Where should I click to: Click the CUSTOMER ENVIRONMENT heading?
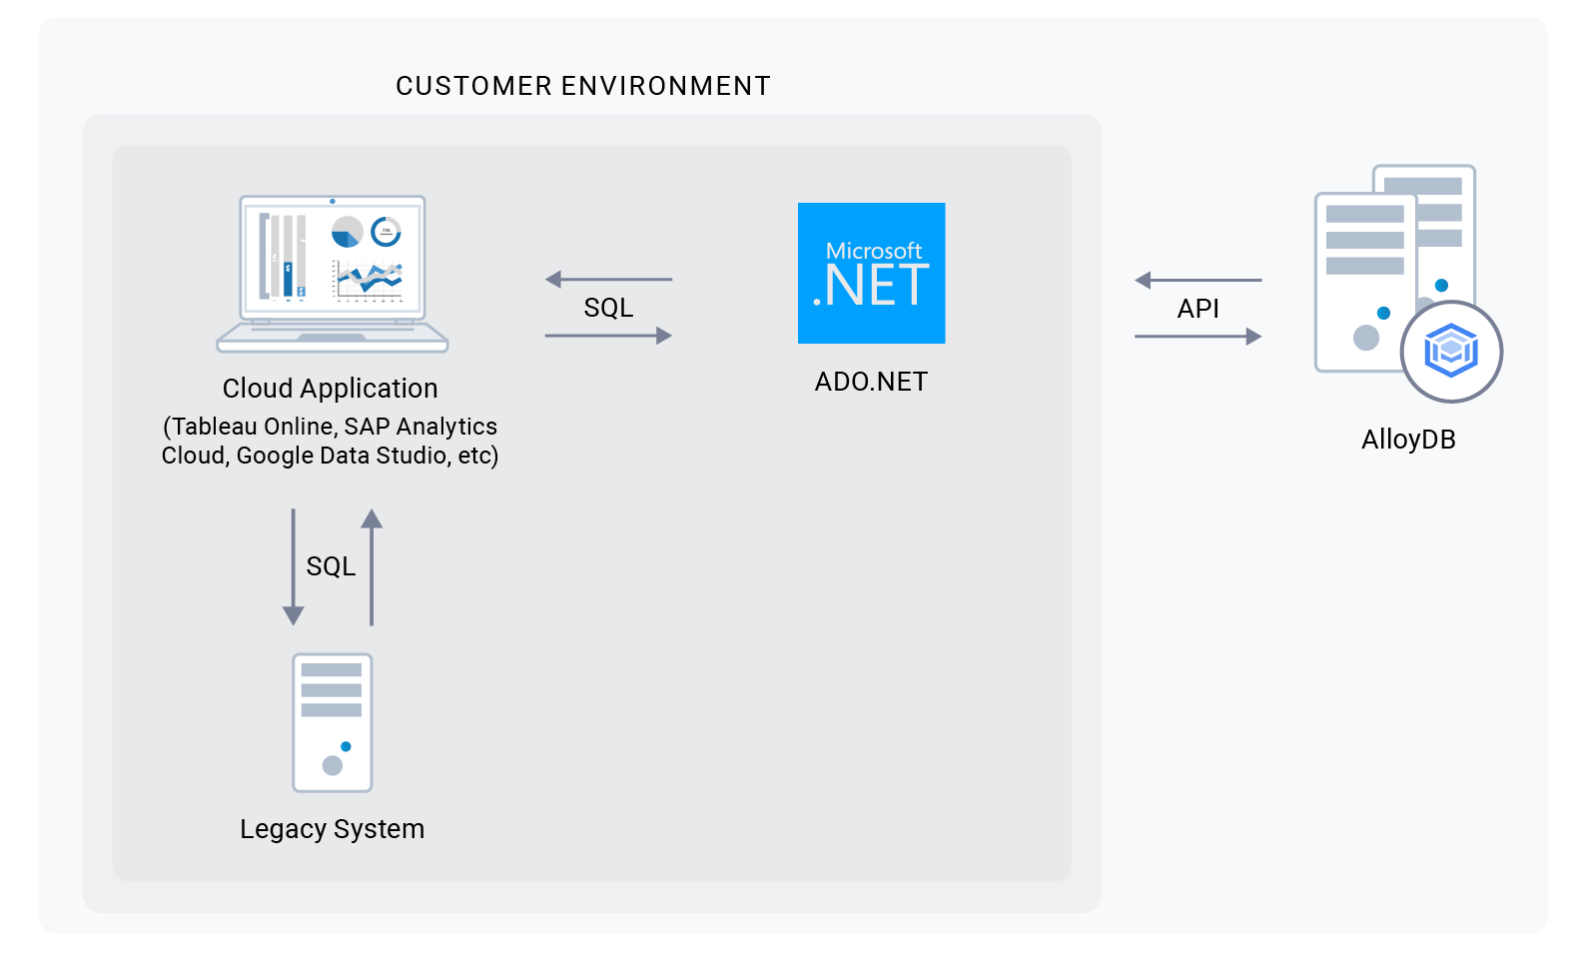(x=582, y=86)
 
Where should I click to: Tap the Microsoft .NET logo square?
(x=871, y=273)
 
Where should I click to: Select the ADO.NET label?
(x=871, y=382)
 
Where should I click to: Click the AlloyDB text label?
(x=1407, y=440)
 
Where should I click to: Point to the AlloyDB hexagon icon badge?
(x=1451, y=351)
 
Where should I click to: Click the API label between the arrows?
(x=1197, y=309)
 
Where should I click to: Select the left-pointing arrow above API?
(x=1197, y=281)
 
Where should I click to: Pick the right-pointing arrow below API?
(x=1197, y=337)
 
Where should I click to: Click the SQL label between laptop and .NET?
(x=608, y=308)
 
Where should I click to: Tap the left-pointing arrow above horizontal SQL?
(x=608, y=280)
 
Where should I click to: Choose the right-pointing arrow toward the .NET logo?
(x=608, y=336)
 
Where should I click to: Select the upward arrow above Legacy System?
(x=372, y=566)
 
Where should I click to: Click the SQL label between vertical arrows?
(x=331, y=566)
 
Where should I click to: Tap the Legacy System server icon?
(x=332, y=722)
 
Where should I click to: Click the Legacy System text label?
(x=332, y=829)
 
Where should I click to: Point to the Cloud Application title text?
(x=330, y=389)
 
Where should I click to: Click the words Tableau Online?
(x=253, y=427)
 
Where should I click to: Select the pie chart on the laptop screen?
(x=347, y=232)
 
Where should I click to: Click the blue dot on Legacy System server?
(x=346, y=746)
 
